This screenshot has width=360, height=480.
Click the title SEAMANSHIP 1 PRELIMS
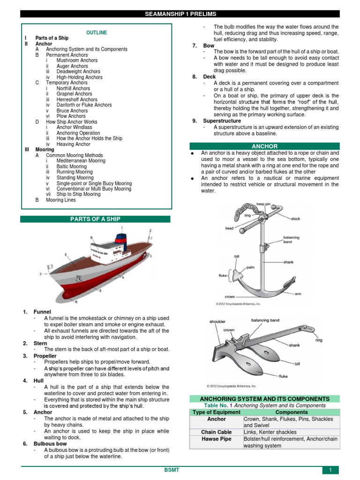[x=180, y=14]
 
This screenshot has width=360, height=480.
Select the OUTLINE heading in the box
[x=97, y=32]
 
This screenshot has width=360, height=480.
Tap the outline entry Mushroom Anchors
[x=76, y=60]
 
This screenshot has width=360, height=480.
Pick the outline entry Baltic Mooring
[x=71, y=166]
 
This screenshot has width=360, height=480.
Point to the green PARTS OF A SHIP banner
[x=96, y=219]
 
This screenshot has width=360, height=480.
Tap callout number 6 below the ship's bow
[x=76, y=302]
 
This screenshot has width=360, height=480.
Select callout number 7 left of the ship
[x=41, y=273]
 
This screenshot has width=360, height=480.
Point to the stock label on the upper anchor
[x=295, y=218]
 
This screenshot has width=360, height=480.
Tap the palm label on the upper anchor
[x=250, y=267]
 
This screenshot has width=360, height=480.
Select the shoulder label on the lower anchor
[x=217, y=322]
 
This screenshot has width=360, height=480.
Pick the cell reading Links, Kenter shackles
[x=270, y=432]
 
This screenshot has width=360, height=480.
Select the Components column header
[x=291, y=412]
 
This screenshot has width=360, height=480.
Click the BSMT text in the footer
[x=180, y=469]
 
